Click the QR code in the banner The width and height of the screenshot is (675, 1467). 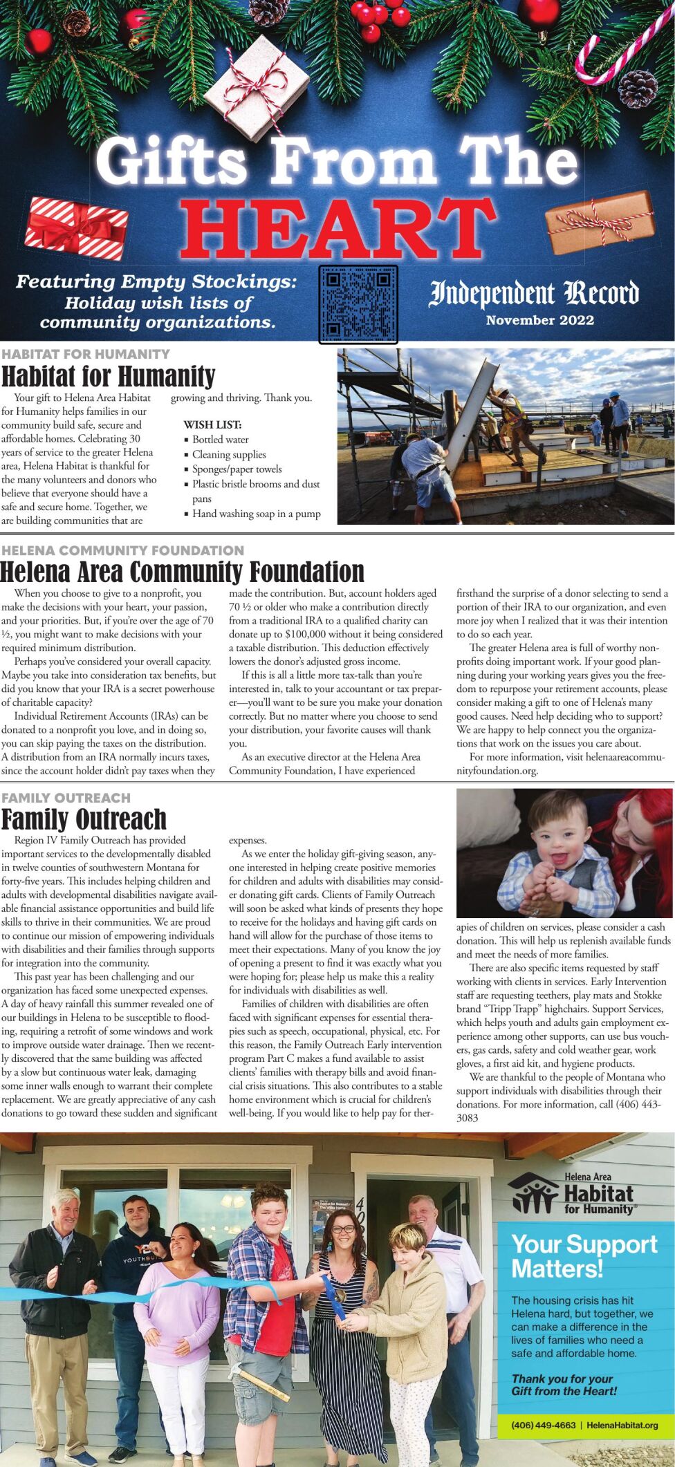coord(358,304)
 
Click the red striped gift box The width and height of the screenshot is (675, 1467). coord(77,227)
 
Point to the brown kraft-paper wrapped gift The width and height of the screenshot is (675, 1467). coord(600,222)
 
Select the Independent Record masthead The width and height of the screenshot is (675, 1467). coord(534,293)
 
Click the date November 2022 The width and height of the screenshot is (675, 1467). coord(539,320)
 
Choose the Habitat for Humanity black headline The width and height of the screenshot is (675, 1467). coord(109,377)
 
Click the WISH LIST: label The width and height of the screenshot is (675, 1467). coord(212,424)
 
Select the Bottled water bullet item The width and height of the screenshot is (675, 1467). coord(220,440)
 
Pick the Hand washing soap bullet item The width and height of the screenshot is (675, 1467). coord(256,514)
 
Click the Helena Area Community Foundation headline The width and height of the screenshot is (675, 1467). coord(183,572)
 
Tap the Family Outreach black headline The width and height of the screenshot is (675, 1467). coord(84,819)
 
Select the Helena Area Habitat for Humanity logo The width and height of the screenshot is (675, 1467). coord(571,1194)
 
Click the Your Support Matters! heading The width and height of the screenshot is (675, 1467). coord(584,1256)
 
